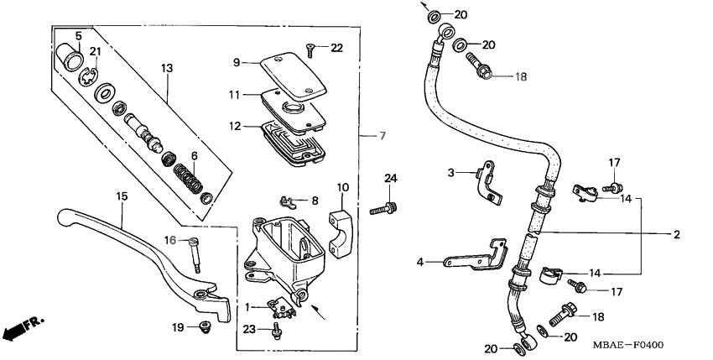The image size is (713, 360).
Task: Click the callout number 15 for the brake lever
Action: coord(121,196)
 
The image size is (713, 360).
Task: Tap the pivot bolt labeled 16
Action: coord(195,253)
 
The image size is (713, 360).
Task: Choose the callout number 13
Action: coord(166,67)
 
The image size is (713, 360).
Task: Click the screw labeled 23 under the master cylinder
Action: coord(276,333)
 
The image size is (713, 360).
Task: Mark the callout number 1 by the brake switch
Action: coord(246,308)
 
